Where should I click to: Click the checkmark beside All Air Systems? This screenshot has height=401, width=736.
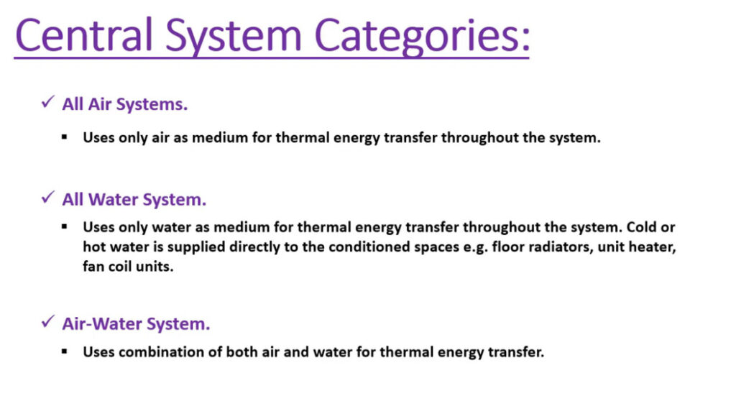point(48,101)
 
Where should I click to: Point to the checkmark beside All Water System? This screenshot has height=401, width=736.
point(48,197)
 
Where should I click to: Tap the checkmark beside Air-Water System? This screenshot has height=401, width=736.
point(48,322)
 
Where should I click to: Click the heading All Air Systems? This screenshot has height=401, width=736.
point(125,104)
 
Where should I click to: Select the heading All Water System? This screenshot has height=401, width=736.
point(134,200)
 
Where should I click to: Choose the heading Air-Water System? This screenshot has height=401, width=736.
point(136,324)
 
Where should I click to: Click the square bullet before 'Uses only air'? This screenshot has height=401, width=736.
point(64,137)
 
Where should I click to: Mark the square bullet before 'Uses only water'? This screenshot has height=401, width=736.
point(64,227)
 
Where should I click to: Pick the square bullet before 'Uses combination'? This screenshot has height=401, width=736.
point(64,351)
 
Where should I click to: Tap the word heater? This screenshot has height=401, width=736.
point(653,247)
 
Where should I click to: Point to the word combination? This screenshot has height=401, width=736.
point(170,351)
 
